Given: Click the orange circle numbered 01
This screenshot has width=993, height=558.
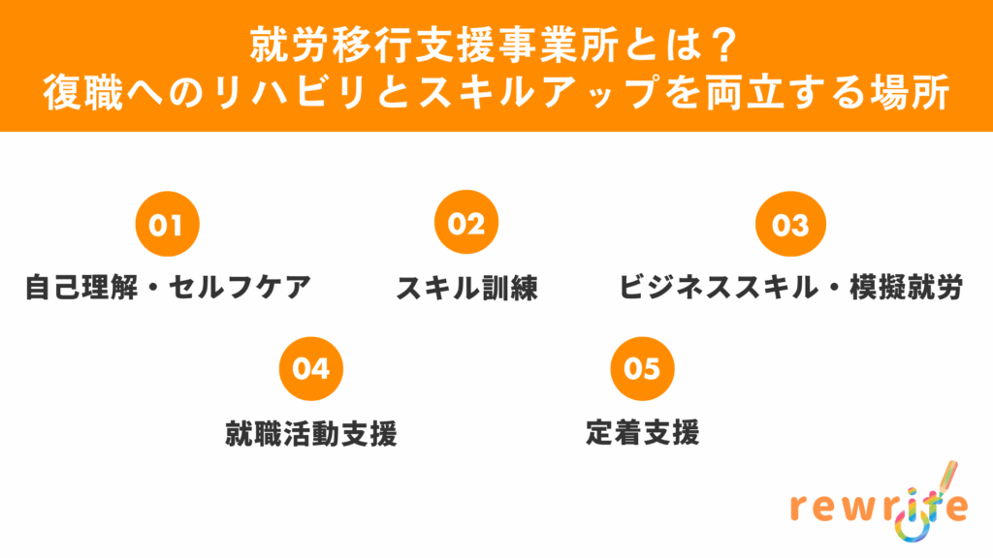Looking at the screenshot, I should point(167,225).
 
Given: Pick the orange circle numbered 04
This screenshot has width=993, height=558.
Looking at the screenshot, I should point(310,369).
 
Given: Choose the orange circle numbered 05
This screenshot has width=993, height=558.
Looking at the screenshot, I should point(642,369).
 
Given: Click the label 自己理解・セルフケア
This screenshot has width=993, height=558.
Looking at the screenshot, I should point(167,288).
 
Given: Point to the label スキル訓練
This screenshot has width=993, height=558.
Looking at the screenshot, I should point(466,288).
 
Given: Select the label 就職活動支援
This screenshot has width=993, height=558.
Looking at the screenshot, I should point(310,432).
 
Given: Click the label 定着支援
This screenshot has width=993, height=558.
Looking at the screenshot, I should point(642,432).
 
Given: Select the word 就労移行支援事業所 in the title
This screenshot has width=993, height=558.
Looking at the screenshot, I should point(431,46).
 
